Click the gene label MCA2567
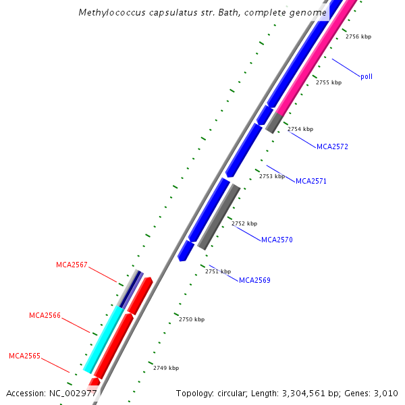tap(72, 265)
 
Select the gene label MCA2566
tap(45, 315)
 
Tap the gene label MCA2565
tap(24, 356)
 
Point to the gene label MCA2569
tap(254, 280)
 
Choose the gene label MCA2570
tap(277, 240)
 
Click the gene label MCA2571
tap(311, 181)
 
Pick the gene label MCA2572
tap(332, 146)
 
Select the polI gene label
tap(367, 77)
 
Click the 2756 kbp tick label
tap(358, 37)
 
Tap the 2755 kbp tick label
tap(329, 82)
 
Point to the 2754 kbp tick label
tap(300, 129)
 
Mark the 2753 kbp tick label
tap(272, 176)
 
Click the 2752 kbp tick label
tap(244, 223)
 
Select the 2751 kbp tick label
tap(218, 271)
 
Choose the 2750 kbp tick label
tap(192, 319)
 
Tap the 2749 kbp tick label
tap(166, 368)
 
